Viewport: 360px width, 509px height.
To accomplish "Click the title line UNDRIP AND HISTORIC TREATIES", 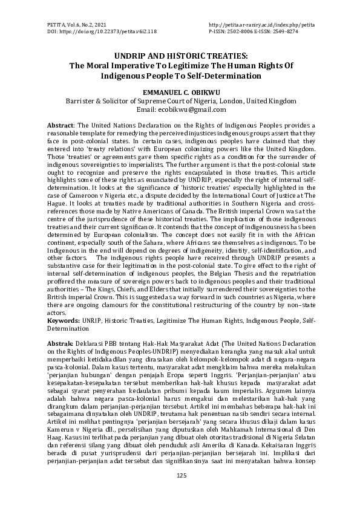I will coord(180,55).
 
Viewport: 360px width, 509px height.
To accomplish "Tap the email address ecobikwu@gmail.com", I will coord(189,109).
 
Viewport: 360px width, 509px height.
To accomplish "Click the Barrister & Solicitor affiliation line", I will coord(180,100).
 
